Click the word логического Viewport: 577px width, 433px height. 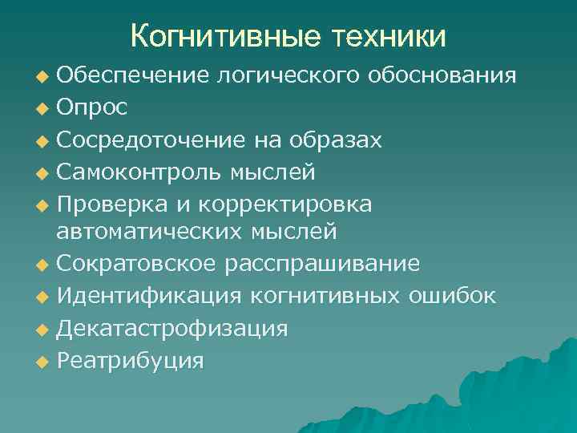(x=285, y=76)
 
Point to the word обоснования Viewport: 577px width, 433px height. (x=442, y=76)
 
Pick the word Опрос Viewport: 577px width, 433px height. (x=91, y=107)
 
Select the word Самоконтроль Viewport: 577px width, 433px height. (x=143, y=172)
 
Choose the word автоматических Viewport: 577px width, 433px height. (x=140, y=232)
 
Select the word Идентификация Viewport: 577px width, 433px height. (x=149, y=296)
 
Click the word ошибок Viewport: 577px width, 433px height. (x=452, y=296)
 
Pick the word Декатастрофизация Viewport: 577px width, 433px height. (x=172, y=329)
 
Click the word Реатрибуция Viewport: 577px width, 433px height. (x=130, y=360)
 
